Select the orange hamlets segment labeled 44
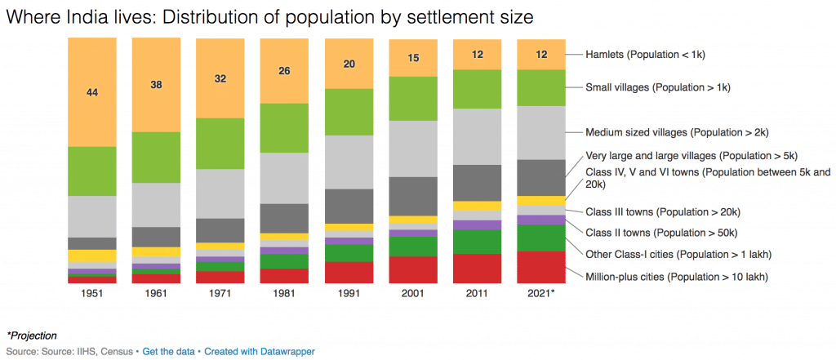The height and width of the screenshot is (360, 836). [91, 92]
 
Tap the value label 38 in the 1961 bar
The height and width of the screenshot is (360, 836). [155, 84]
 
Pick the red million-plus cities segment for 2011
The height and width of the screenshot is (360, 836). [477, 269]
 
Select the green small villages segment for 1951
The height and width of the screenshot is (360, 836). [91, 171]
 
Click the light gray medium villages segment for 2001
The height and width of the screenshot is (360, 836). [412, 149]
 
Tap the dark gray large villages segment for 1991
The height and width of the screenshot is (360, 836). [349, 206]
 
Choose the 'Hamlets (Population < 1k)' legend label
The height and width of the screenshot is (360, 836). [645, 55]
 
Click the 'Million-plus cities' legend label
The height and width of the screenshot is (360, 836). [677, 277]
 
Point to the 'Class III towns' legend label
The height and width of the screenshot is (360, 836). [662, 212]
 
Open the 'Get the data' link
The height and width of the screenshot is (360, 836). [169, 351]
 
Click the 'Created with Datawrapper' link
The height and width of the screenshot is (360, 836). [260, 351]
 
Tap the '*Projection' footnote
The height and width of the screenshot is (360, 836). [32, 336]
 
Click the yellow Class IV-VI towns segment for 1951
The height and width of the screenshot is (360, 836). [91, 256]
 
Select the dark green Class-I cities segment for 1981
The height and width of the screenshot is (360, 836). [284, 261]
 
